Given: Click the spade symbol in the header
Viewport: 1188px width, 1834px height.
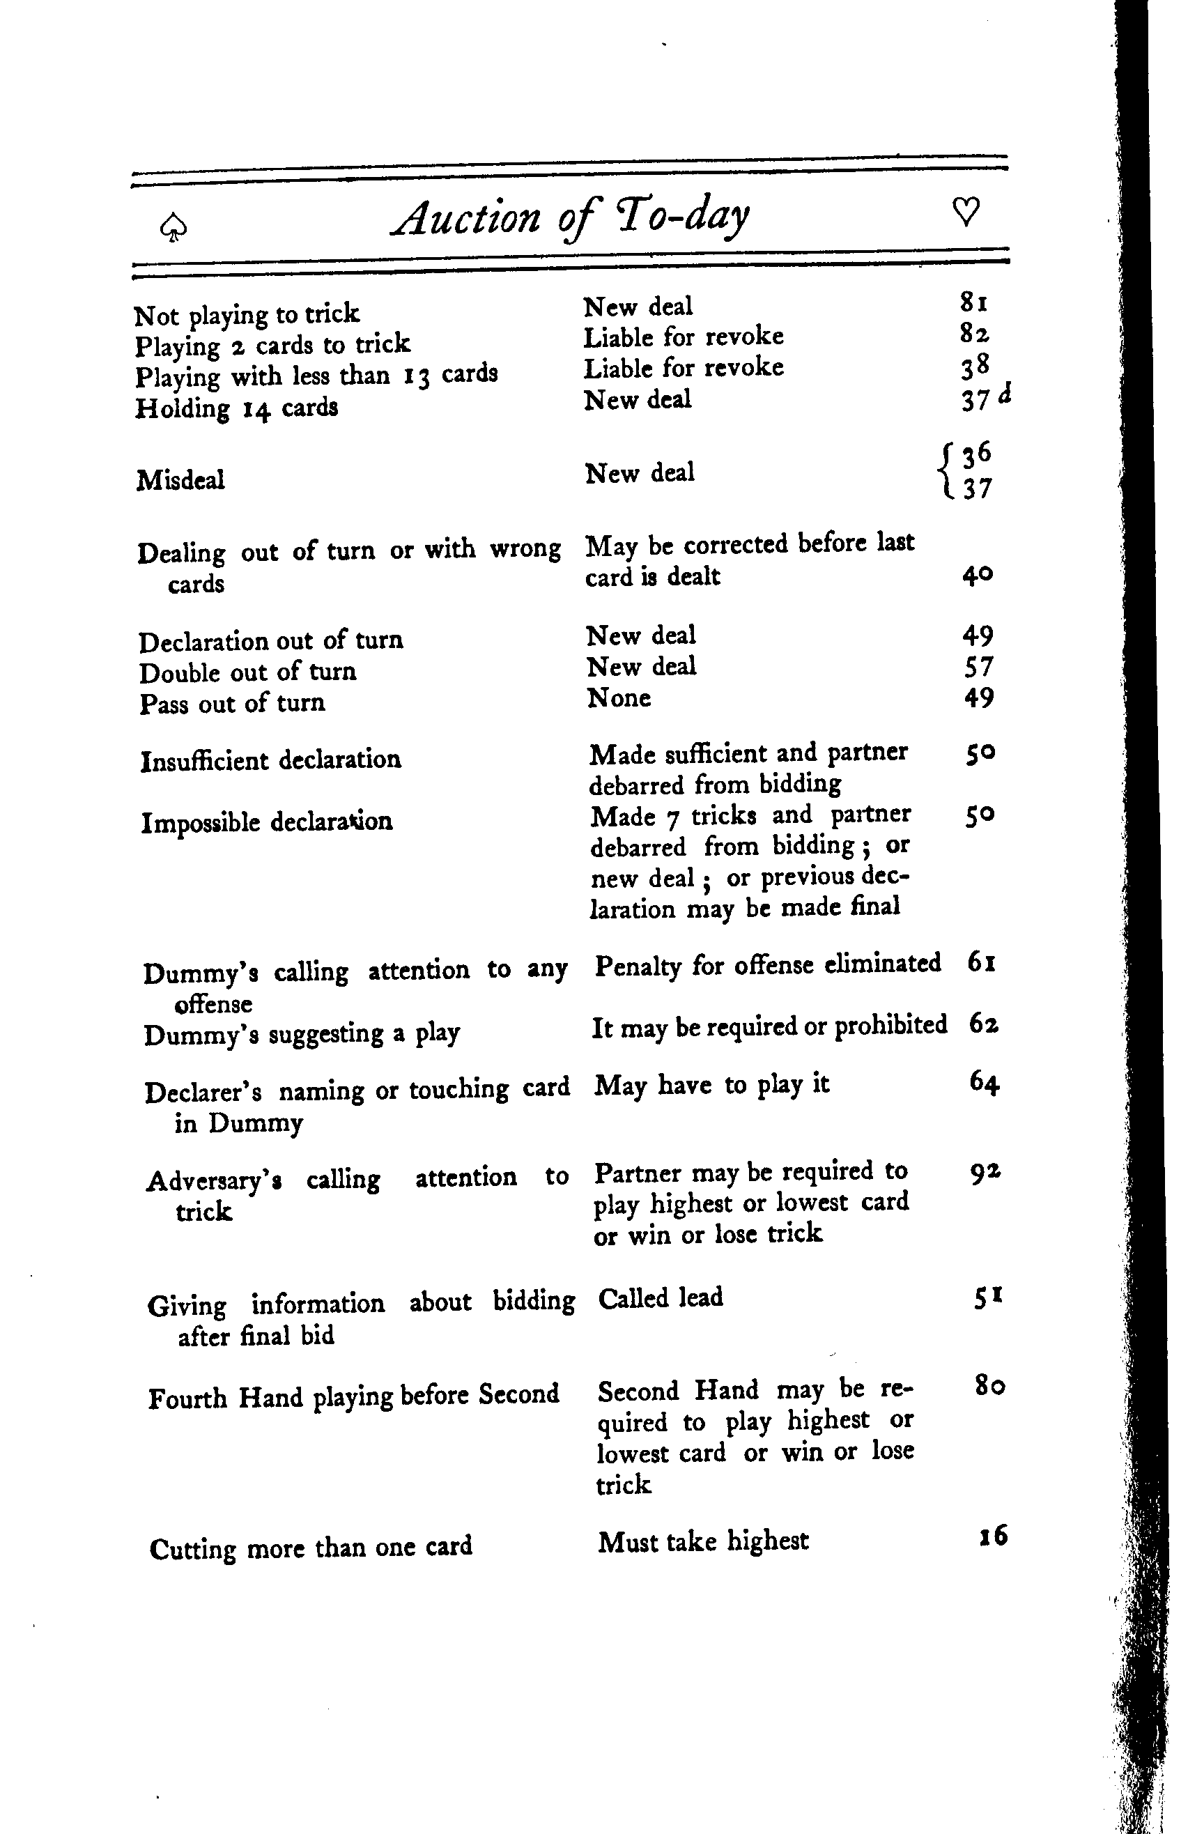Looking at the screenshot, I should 173,227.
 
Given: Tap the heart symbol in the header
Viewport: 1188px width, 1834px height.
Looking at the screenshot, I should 965,211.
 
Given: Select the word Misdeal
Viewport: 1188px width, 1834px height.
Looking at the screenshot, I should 180,480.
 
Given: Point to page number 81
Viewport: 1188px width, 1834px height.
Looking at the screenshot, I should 974,302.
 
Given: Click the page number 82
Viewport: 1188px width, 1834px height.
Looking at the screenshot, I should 975,333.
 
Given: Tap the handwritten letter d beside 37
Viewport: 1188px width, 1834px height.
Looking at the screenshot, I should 1004,393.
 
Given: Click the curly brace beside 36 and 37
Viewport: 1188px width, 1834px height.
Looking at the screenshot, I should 946,471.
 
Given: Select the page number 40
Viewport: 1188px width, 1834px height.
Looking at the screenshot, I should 977,575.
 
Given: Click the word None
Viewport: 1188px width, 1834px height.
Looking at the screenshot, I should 619,698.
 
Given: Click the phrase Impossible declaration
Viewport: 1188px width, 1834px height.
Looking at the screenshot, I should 267,822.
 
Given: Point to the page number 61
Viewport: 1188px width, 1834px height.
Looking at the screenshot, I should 982,962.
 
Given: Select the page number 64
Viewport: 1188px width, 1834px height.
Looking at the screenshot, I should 984,1083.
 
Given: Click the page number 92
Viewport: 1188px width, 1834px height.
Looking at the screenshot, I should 985,1172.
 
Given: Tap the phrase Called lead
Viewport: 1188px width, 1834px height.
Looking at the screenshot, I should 661,1297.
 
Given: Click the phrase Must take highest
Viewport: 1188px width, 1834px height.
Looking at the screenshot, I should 702,1541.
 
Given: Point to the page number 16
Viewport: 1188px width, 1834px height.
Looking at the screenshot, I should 992,1536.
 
